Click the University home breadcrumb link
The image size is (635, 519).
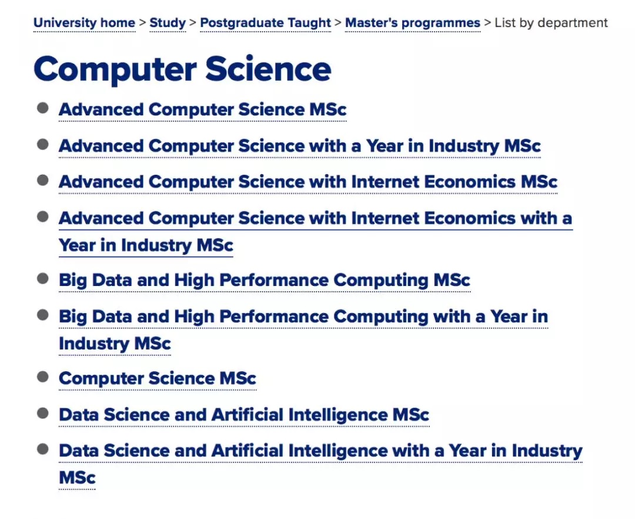pyautogui.click(x=84, y=23)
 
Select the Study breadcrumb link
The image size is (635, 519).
pyautogui.click(x=168, y=23)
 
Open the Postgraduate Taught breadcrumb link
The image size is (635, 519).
pyautogui.click(x=265, y=23)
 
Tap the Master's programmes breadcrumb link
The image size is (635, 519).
pyautogui.click(x=413, y=23)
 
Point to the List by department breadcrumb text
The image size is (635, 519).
pyautogui.click(x=551, y=23)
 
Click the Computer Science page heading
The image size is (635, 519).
pyautogui.click(x=183, y=69)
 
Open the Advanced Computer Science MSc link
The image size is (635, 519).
pyautogui.click(x=202, y=110)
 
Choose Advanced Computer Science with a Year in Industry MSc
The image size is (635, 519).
pyautogui.click(x=300, y=147)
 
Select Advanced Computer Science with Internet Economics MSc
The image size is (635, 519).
pyautogui.click(x=308, y=182)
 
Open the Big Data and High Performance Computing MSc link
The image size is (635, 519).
pyautogui.click(x=265, y=280)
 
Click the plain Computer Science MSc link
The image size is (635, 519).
pyautogui.click(x=158, y=378)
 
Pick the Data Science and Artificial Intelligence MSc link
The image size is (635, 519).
pyautogui.click(x=244, y=415)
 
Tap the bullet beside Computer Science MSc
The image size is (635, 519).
pyautogui.click(x=42, y=377)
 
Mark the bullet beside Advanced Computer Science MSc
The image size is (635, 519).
pyautogui.click(x=42, y=108)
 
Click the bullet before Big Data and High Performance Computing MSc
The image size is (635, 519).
pyautogui.click(x=42, y=279)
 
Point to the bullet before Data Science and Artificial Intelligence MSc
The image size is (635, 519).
pyautogui.click(x=42, y=413)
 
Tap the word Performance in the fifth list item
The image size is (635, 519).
pyautogui.click(x=274, y=280)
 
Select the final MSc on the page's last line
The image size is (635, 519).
pyautogui.click(x=77, y=478)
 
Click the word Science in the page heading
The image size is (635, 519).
pyautogui.click(x=268, y=69)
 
